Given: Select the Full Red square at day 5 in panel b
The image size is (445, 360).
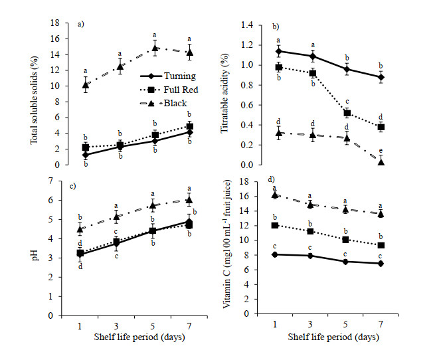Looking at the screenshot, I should (347, 113).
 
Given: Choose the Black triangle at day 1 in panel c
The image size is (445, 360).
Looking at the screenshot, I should (80, 229).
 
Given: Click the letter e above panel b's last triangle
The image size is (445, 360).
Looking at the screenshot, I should (381, 151).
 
